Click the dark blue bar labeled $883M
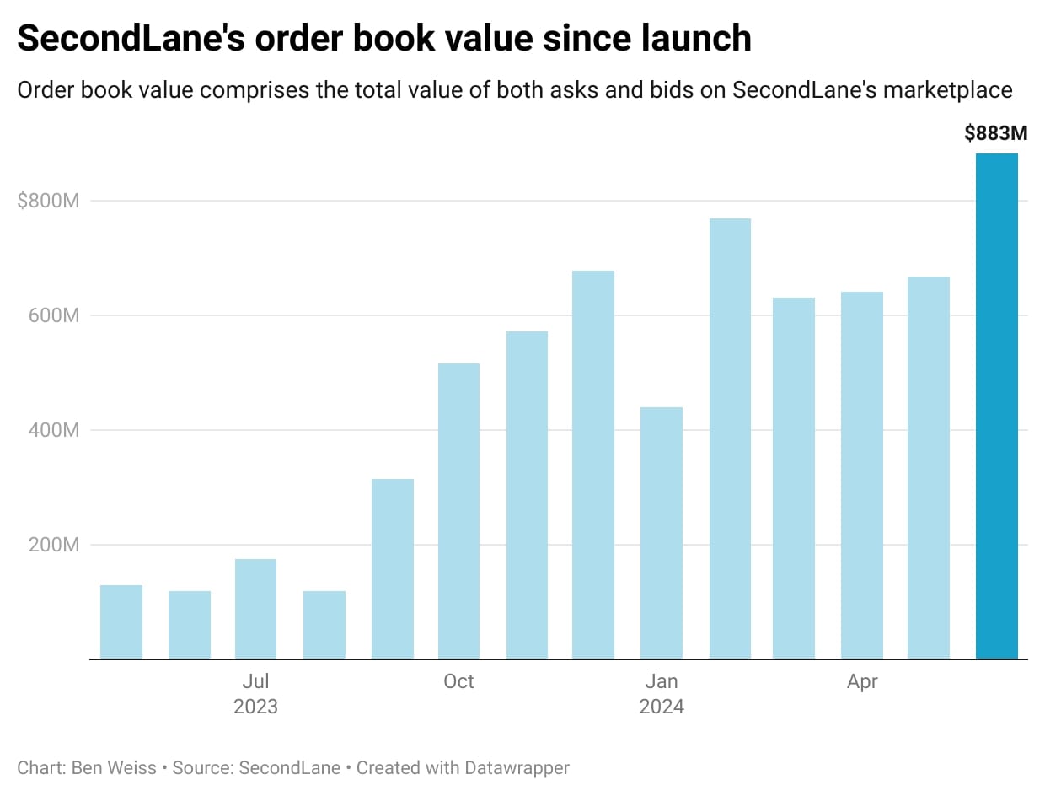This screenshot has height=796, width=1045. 996,406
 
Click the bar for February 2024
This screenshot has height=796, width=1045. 730,438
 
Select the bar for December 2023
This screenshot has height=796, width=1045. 593,465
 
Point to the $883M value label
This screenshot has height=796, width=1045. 996,133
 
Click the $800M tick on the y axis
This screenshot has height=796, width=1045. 48,201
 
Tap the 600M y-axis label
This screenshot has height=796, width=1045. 54,315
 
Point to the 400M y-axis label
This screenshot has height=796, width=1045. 54,430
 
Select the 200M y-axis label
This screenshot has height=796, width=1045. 54,545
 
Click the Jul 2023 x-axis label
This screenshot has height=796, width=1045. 255,693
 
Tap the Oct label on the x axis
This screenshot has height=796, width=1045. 458,681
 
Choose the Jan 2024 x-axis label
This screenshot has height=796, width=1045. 662,693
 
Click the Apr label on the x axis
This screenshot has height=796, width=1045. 862,681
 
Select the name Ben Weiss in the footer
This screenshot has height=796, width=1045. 114,768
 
